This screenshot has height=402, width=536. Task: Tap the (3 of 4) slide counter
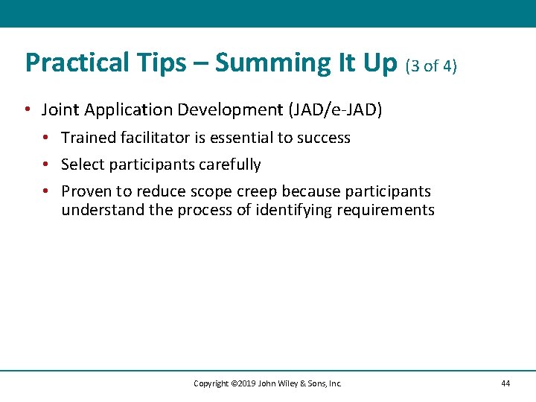tap(431, 66)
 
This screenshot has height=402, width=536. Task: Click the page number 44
tap(505, 383)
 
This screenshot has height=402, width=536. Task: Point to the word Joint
tap(60, 110)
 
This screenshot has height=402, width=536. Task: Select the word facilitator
tap(161, 138)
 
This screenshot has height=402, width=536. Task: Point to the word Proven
tap(86, 191)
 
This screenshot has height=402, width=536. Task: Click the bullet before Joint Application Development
tap(27, 110)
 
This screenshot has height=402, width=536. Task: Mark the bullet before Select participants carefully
tap(46, 165)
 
